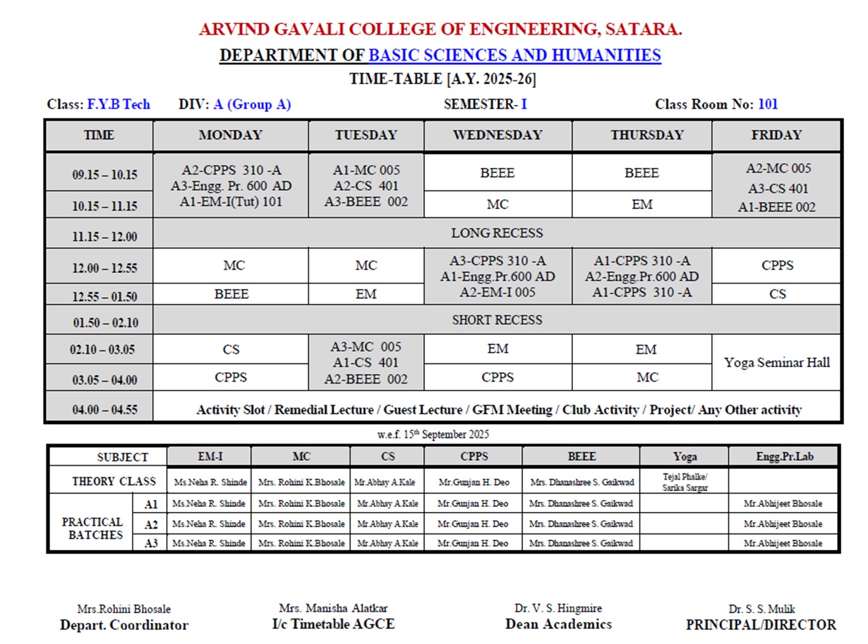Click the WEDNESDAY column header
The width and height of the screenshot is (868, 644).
(497, 135)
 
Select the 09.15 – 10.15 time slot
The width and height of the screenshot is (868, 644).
(104, 174)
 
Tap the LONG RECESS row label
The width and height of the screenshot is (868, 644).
(497, 233)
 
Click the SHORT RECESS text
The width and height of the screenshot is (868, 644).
(497, 320)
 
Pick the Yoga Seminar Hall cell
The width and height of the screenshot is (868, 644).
(776, 363)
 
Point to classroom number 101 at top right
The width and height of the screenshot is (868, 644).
(768, 104)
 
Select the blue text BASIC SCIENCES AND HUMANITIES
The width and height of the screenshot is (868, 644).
(514, 56)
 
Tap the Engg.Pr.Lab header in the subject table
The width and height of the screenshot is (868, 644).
(785, 456)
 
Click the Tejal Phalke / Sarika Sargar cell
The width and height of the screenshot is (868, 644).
(685, 482)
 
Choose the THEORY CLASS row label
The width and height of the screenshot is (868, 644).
(114, 482)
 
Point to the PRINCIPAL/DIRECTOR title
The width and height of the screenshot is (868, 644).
(761, 624)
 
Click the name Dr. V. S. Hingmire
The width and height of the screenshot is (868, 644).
(558, 608)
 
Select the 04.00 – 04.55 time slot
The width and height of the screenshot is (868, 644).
(104, 410)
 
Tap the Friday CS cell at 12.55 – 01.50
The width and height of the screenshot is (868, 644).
(777, 294)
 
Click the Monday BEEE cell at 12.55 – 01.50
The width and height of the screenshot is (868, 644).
(231, 294)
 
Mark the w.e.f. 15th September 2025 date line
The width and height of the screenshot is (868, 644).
(433, 434)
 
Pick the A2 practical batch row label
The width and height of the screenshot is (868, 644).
(151, 525)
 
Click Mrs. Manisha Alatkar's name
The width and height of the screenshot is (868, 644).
(333, 608)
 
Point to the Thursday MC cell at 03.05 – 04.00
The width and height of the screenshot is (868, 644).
(647, 377)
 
